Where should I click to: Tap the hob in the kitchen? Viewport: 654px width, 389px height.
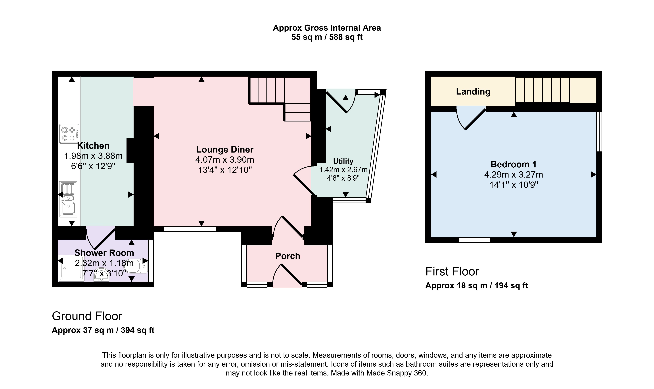[x=69, y=134]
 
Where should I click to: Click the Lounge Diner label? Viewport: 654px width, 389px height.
[x=225, y=150]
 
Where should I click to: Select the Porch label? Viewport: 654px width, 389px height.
[x=288, y=256]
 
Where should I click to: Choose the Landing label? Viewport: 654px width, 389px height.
[x=473, y=91]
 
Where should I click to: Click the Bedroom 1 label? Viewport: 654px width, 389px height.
[x=513, y=164]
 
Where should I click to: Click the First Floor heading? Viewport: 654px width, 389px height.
[x=452, y=272]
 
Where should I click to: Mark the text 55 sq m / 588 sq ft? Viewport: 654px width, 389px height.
[x=327, y=37]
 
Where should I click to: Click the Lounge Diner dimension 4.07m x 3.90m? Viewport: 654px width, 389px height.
[x=225, y=160]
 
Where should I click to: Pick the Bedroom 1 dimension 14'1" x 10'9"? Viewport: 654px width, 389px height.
[x=514, y=185]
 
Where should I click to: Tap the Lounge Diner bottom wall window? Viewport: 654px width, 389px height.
[x=190, y=229]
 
